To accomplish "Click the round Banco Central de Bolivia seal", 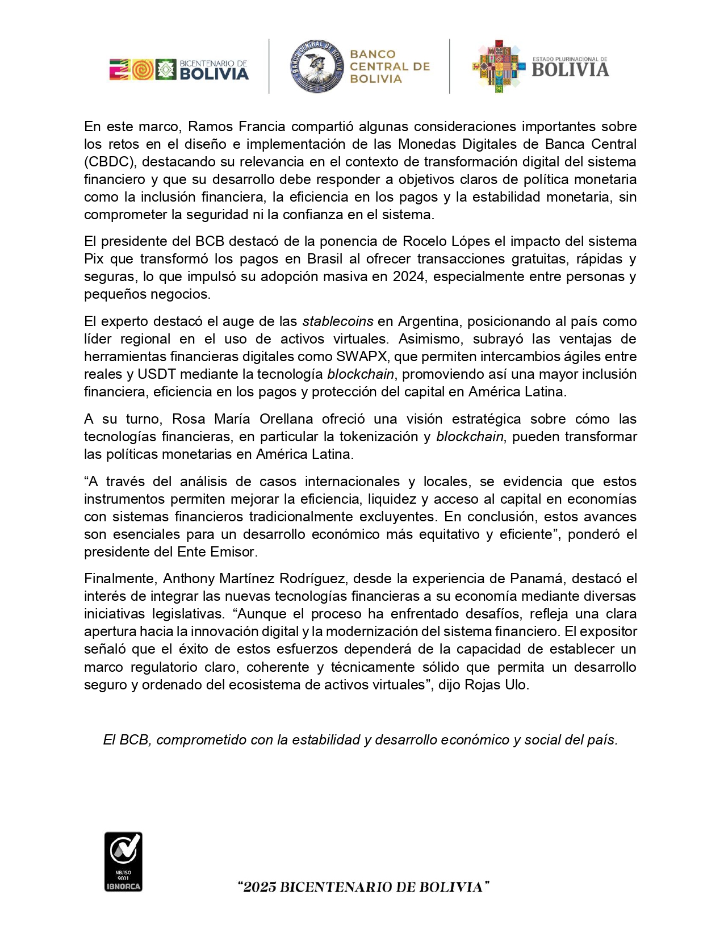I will coord(316,66).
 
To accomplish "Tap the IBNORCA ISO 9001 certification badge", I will coord(123,861).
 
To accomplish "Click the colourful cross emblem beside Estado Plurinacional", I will coord(498,66).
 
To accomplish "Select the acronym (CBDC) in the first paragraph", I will coord(110,162).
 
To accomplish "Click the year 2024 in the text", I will coord(408,277).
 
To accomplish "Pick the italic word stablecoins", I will coord(338,321).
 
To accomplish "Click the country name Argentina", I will coord(428,321).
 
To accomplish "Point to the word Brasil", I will coord(325,259).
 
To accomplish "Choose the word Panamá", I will coord(537,579).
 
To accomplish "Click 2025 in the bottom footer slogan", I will coord(260,887).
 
